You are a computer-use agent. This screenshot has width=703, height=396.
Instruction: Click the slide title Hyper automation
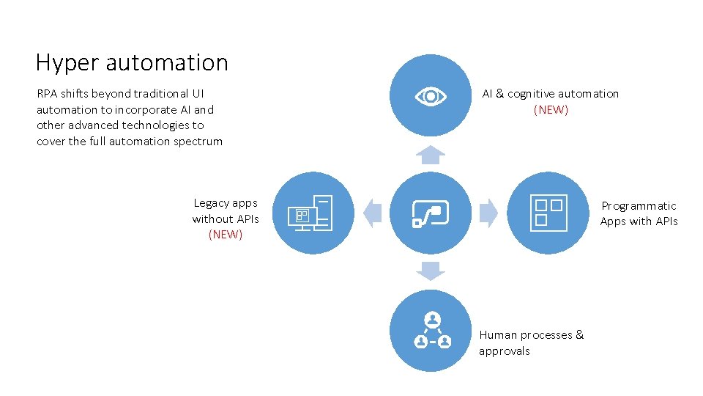pyautogui.click(x=132, y=63)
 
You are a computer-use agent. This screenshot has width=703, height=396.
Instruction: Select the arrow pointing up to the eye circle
pyautogui.click(x=430, y=154)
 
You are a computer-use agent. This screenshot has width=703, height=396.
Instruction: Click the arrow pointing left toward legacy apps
pyautogui.click(x=373, y=213)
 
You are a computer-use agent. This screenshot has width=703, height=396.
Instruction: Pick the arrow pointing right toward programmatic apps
pyautogui.click(x=488, y=213)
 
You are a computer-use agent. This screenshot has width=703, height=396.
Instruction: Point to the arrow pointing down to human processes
pyautogui.click(x=430, y=271)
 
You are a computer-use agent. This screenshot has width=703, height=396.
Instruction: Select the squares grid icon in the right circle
pyautogui.click(x=548, y=213)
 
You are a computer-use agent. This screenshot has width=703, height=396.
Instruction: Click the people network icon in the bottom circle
pyautogui.click(x=432, y=331)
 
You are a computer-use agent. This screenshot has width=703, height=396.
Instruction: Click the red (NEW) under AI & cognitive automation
pyautogui.click(x=551, y=110)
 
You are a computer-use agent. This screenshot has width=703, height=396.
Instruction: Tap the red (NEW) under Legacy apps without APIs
pyautogui.click(x=226, y=235)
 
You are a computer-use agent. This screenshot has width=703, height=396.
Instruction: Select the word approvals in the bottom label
pyautogui.click(x=504, y=351)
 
